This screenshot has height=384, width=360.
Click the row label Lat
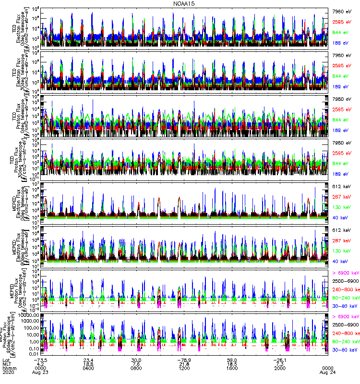(6, 360)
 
